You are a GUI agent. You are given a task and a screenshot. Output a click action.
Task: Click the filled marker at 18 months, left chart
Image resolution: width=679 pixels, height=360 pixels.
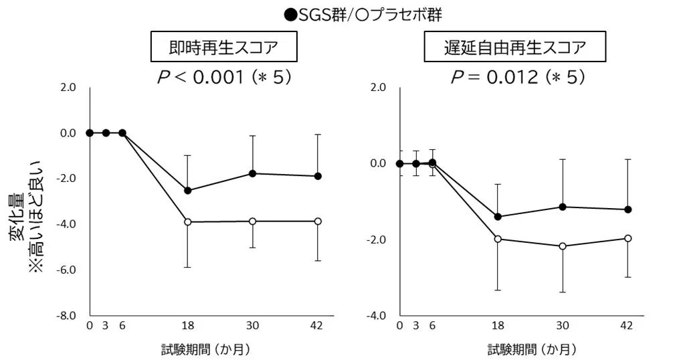[187, 191]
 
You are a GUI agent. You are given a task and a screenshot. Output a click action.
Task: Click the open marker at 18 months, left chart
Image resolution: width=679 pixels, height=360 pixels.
[187, 221]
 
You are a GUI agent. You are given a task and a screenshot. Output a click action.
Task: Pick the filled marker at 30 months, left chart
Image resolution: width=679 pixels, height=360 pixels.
[253, 173]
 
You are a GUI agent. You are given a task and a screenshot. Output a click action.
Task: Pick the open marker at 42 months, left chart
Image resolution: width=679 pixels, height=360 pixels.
[318, 221]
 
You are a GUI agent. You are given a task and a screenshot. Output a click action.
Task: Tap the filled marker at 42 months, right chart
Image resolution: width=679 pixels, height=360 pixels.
[627, 209]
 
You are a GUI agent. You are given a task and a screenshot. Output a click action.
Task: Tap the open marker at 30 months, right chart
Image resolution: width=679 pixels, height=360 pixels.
[563, 246]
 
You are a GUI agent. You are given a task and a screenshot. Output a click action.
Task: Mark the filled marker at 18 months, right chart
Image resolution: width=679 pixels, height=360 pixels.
[497, 217]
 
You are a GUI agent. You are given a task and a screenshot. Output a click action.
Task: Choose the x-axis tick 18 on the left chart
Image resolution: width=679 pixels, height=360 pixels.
[187, 326]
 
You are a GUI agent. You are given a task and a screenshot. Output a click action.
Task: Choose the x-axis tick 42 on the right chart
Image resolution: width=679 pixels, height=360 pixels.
[627, 326]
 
